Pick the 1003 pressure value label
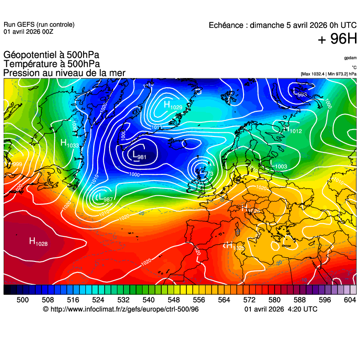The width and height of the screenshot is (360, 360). [x=281, y=167]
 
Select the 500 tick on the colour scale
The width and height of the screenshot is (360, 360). [x=22, y=300]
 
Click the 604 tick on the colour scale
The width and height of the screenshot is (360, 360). [x=350, y=300]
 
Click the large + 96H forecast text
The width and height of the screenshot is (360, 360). [x=337, y=39]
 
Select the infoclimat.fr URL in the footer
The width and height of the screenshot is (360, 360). [x=121, y=309]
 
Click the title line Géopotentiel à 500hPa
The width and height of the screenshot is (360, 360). [x=51, y=55]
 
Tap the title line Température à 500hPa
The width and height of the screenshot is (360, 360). [x=52, y=64]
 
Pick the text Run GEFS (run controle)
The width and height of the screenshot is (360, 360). [x=39, y=25]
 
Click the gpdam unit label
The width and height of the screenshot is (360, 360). [x=350, y=58]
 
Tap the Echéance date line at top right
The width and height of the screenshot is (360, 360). [x=282, y=26]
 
